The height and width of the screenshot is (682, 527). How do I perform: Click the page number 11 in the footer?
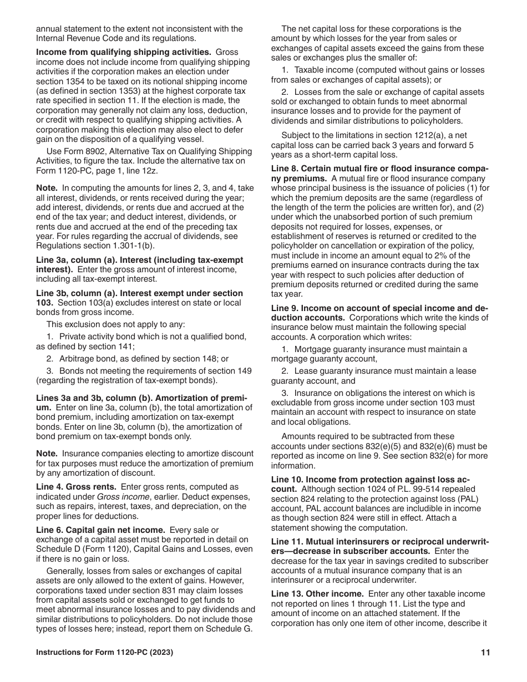pyautogui.click(x=485, y=653)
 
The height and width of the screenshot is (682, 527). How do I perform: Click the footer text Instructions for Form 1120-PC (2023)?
pyautogui.click(x=104, y=653)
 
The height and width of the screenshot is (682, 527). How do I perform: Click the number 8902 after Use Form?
pyautogui.click(x=98, y=151)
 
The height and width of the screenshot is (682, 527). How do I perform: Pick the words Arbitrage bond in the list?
pyautogui.click(x=87, y=359)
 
